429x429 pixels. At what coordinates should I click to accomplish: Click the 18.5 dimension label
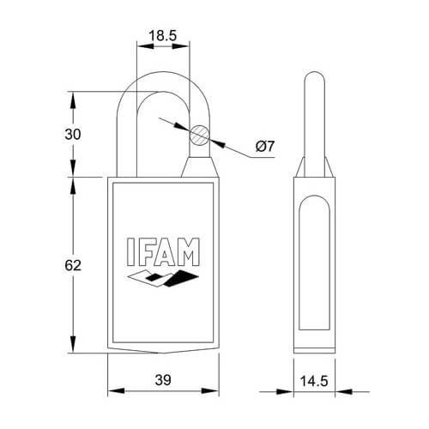(x=163, y=35)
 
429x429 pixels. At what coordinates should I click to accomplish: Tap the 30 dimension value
(x=73, y=135)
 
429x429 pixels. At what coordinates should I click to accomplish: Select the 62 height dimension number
(x=73, y=265)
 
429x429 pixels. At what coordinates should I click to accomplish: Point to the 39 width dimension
(x=163, y=380)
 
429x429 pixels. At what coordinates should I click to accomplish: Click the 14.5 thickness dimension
(x=314, y=381)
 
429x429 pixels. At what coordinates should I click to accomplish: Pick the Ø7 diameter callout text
(x=265, y=147)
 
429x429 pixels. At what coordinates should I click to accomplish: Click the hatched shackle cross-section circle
(x=200, y=135)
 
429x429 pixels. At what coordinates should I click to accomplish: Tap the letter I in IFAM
(x=130, y=252)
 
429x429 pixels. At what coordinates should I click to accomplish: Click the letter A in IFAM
(x=166, y=252)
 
